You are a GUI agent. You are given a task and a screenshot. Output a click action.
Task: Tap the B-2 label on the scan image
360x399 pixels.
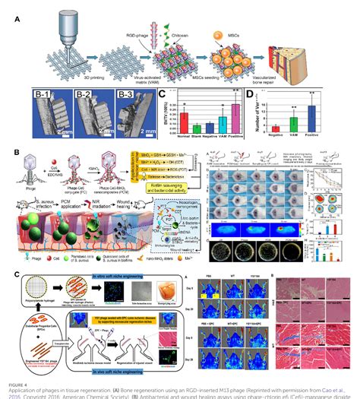(x=78, y=95)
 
